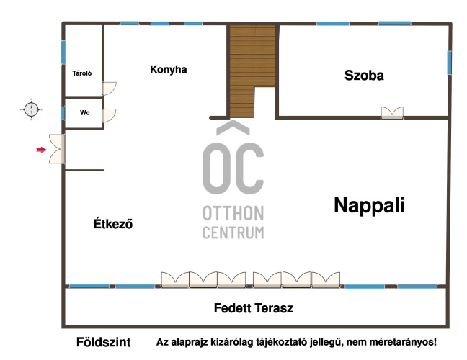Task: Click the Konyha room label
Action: (x=168, y=70)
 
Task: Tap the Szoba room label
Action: (x=364, y=76)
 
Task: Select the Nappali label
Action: (x=369, y=205)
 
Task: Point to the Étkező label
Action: (x=113, y=223)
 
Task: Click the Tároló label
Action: (x=82, y=73)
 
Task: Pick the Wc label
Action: (x=84, y=112)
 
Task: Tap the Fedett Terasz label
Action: (x=254, y=308)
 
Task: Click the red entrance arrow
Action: (x=41, y=150)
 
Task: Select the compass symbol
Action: (x=31, y=109)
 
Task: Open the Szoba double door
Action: (x=392, y=113)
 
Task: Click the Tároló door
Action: (x=109, y=89)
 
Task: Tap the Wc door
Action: (x=109, y=115)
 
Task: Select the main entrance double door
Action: (x=57, y=149)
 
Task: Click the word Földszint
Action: (x=103, y=342)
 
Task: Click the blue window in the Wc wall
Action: (x=63, y=113)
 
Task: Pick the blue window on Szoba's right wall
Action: (x=449, y=63)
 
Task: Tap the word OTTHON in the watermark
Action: (x=233, y=213)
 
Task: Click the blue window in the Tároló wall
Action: (x=63, y=53)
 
